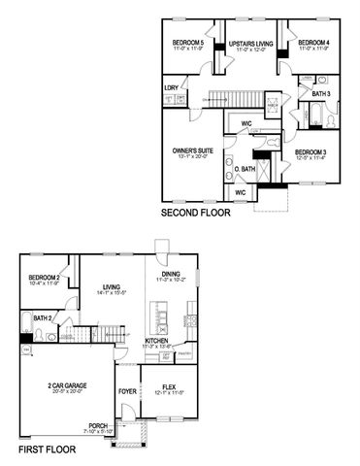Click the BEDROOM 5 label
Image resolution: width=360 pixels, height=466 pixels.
(x=188, y=43)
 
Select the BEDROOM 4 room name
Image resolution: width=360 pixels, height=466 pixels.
(x=313, y=43)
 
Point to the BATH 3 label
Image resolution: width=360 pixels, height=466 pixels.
(x=322, y=93)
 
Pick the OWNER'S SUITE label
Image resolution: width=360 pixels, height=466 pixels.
(x=192, y=150)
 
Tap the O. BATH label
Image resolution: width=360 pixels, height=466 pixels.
(x=245, y=169)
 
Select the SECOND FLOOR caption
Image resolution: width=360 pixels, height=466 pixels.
(x=199, y=213)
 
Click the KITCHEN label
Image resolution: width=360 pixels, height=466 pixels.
(x=158, y=341)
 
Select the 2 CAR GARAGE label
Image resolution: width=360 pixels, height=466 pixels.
(x=68, y=385)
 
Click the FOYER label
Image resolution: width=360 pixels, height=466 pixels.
(x=127, y=392)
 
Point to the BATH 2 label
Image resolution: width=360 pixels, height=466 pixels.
(x=42, y=316)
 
